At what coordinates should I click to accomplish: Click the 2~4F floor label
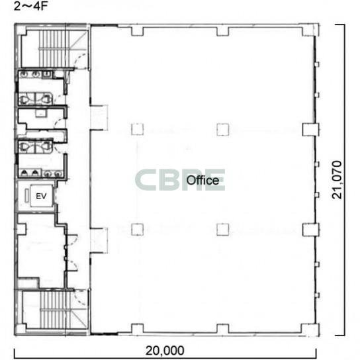point(30,6)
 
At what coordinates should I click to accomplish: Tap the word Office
point(202,180)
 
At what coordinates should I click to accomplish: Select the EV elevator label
point(41,196)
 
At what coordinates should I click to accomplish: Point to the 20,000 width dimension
point(165,351)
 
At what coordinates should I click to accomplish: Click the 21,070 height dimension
point(337,180)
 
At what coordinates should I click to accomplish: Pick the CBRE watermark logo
point(180,180)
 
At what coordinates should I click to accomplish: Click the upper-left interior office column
point(138,129)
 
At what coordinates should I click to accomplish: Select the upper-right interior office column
point(223,129)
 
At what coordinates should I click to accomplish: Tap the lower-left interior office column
point(138,230)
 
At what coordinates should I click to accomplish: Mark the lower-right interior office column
point(223,230)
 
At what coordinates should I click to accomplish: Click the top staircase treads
point(54,49)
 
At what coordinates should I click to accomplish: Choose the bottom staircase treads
point(55,310)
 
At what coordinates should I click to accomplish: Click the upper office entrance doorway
point(99,118)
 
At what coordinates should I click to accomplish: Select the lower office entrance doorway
point(99,241)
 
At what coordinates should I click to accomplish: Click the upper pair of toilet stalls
point(35,99)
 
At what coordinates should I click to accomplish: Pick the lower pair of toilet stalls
point(35,146)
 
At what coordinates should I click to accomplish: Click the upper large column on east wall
point(310,130)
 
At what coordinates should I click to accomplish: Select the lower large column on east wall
point(310,230)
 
